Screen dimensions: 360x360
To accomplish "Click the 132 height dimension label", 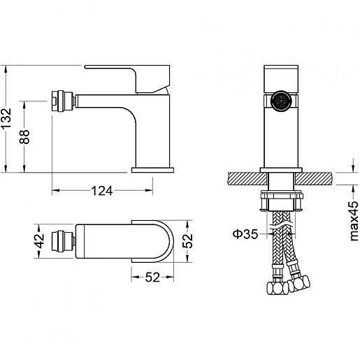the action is click(x=6, y=117).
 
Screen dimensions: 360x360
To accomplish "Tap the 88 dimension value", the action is click(x=24, y=137).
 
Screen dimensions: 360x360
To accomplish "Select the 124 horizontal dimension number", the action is click(x=102, y=191).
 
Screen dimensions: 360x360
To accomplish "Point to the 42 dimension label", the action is click(x=39, y=241).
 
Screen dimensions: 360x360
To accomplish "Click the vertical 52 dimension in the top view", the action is click(x=187, y=241).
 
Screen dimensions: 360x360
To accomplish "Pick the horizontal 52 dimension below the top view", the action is click(x=152, y=278).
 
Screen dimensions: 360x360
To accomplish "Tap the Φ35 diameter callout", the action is click(x=245, y=233).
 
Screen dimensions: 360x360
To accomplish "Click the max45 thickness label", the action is click(x=354, y=221).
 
